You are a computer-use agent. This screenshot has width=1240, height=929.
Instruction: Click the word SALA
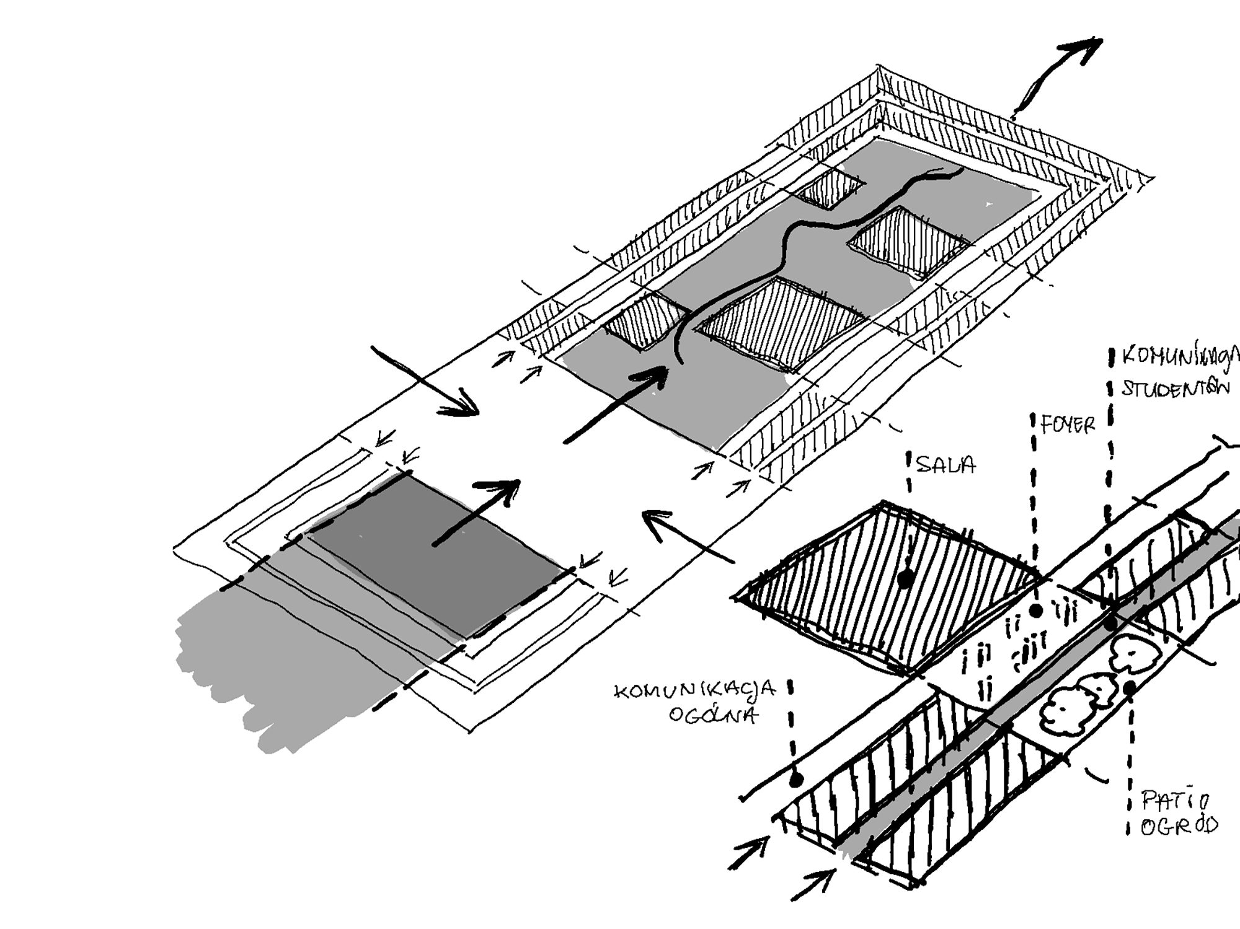click(945, 465)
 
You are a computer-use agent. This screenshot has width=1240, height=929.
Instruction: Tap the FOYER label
click(1068, 425)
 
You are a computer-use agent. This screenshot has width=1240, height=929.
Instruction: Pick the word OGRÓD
click(1178, 826)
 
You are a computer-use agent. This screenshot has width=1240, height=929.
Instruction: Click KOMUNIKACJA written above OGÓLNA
click(694, 691)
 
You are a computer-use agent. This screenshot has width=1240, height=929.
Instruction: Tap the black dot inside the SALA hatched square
click(905, 579)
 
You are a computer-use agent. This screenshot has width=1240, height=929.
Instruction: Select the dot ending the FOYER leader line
click(1035, 610)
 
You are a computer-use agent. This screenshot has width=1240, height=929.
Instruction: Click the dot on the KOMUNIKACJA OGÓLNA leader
click(796, 779)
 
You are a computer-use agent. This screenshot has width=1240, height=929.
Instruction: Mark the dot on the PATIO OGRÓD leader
click(1129, 687)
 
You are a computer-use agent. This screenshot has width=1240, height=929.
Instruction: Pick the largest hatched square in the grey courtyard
click(781, 322)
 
